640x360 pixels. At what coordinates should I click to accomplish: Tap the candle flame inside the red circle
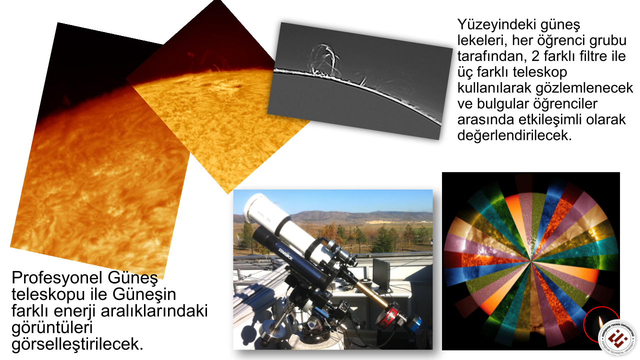coord(600,322)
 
